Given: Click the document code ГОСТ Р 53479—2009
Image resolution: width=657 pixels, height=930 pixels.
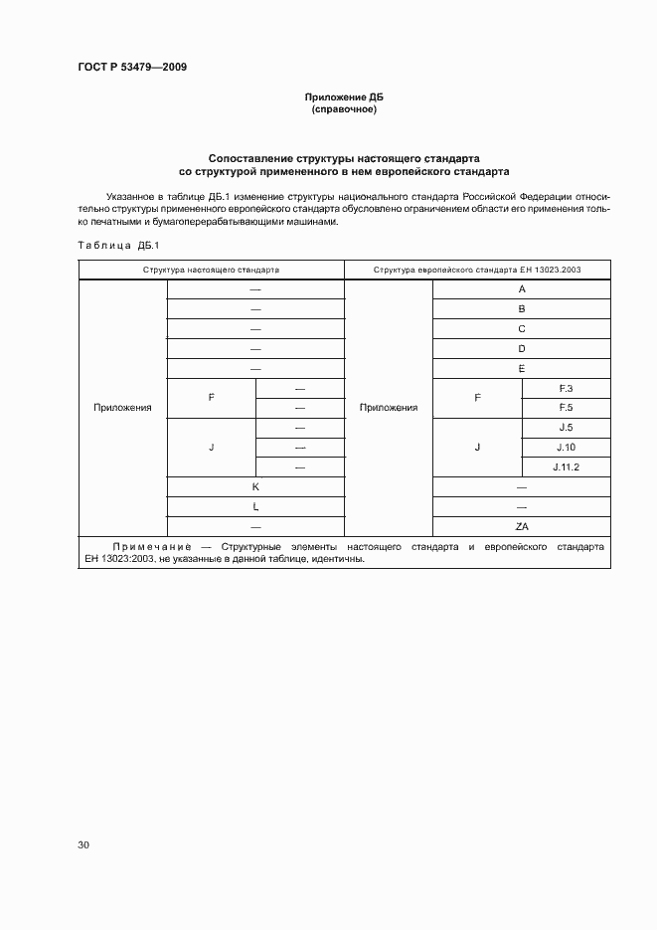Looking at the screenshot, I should coord(131,68).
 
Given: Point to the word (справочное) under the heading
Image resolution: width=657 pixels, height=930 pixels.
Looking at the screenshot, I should coord(343,109).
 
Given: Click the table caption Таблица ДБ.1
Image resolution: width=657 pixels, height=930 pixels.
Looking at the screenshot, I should coord(111,245).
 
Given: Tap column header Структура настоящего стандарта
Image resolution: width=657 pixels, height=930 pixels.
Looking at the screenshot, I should coord(211,270).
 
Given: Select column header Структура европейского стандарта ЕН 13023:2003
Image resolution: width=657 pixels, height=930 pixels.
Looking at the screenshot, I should coord(477,270).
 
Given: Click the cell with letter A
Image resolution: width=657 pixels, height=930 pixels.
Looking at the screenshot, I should coord(522,288).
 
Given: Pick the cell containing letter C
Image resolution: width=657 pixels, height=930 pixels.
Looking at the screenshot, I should coord(522,328).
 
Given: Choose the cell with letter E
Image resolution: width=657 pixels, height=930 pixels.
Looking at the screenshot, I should coord(522,368).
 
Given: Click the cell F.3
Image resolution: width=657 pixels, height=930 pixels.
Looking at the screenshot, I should coord(567,388).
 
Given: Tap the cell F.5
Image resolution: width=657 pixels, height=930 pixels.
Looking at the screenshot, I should coord(567,408).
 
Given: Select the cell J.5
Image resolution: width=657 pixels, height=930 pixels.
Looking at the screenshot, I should coord(567,428).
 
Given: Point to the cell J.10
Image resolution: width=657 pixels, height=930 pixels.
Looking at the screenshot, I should coord(567,448).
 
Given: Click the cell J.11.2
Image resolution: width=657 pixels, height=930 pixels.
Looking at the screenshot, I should coord(567,467).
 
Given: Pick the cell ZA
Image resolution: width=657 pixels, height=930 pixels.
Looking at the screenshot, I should coord(522,527).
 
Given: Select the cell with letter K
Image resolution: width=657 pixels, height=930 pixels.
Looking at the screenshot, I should coord(255,487).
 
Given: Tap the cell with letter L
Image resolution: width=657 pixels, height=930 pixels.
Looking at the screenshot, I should coord(255,507).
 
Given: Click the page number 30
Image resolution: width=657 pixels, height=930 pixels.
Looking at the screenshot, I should coord(83,844).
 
